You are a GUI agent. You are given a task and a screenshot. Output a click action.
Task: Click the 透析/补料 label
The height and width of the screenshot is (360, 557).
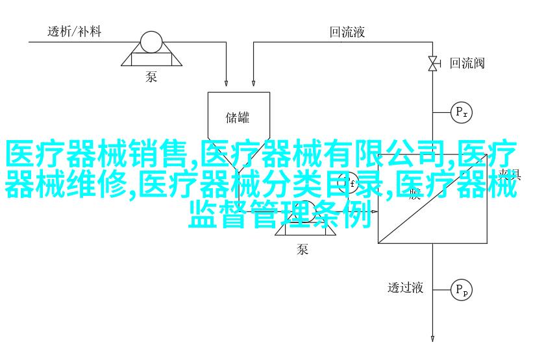tap(74, 31)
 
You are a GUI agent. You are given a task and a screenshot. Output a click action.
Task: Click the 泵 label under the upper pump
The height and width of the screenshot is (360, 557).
tap(151, 77)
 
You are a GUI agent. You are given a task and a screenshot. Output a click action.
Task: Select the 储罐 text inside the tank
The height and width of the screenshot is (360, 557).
tap(238, 117)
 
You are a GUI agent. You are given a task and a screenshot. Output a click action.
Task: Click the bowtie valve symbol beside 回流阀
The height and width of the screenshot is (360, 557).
tap(433, 63)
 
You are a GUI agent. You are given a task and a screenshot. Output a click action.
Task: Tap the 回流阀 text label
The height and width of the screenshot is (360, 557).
tap(467, 63)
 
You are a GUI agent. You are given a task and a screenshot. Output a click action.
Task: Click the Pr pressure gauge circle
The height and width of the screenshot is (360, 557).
tap(462, 112)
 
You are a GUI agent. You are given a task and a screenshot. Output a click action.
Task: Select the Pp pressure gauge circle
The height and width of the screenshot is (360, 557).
tap(462, 289)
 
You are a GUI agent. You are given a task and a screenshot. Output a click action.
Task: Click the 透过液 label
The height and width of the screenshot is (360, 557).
tap(405, 288)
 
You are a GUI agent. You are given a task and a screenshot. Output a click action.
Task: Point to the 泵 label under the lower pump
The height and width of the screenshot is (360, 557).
tap(303, 249)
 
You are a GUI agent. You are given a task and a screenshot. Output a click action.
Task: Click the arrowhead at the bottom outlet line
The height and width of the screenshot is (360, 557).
tap(433, 337)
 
